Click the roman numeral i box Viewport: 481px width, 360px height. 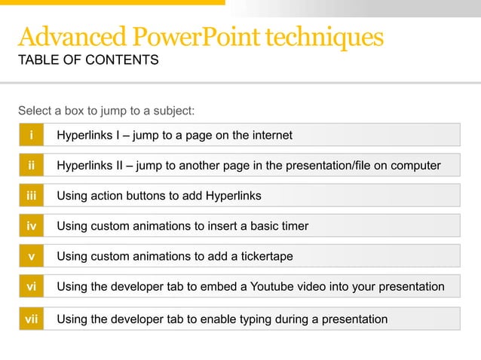click(x=31, y=136)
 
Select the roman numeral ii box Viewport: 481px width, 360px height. click(x=31, y=165)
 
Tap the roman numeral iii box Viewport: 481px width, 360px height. click(x=31, y=196)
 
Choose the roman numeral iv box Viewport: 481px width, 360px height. click(x=31, y=226)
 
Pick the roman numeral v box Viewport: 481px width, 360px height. click(x=31, y=256)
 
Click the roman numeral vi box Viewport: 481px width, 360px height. click(x=31, y=287)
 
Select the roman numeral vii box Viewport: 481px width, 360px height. click(x=31, y=319)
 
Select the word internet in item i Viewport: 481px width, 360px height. click(x=270, y=136)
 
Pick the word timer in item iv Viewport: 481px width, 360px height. click(x=293, y=226)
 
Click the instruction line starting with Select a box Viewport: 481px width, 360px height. click(x=106, y=111)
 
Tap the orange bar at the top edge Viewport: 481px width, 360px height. click(x=113, y=2)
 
